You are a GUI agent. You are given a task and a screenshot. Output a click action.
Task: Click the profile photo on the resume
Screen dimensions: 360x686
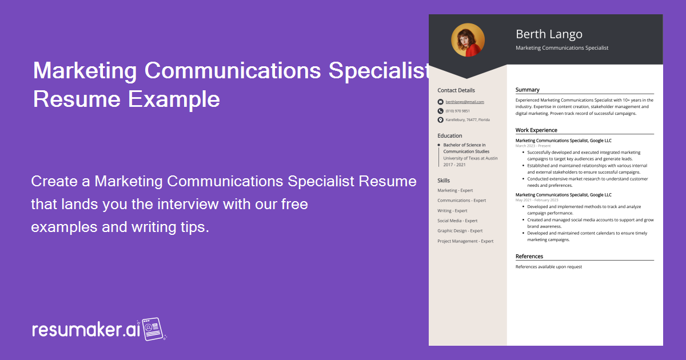pos(468,40)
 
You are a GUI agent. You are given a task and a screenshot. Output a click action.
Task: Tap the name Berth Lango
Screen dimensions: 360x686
pos(549,34)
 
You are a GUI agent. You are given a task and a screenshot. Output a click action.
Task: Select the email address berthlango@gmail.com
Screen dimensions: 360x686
pos(465,102)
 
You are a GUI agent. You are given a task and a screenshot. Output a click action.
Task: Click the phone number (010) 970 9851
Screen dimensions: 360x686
pos(457,111)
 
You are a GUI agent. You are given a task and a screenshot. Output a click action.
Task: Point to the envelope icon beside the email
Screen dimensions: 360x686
pos(440,102)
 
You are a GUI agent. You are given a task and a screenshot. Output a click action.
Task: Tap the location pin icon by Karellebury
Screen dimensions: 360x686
pos(440,120)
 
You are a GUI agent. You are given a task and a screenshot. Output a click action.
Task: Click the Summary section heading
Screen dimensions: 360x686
pos(527,90)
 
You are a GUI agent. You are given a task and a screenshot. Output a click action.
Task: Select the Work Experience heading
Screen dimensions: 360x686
pos(536,130)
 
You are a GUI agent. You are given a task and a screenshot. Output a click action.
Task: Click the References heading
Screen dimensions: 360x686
pos(529,257)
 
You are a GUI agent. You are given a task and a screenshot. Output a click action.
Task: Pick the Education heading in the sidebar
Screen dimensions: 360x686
pos(449,136)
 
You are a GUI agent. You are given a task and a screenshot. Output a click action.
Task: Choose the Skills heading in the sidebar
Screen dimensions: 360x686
pos(444,181)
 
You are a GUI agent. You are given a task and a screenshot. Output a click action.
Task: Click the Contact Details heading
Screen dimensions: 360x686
pos(456,90)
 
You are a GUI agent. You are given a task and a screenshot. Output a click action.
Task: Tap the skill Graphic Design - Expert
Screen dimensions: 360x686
pos(460,231)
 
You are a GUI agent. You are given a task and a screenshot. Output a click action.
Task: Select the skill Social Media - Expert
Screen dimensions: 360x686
pos(457,221)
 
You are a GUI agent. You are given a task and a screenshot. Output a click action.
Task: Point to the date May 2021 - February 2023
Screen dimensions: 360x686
pos(537,200)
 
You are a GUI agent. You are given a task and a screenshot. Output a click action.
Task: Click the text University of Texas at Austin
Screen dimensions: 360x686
pos(470,158)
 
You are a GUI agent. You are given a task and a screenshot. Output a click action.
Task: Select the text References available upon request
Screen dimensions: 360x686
pos(548,267)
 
